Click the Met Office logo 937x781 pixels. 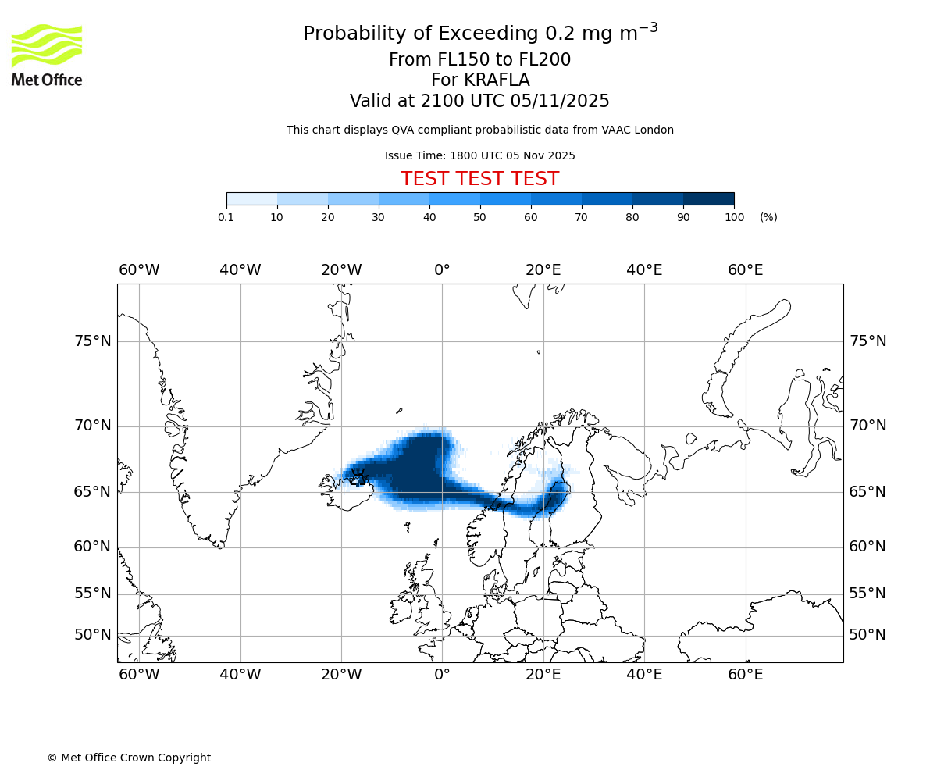(47, 55)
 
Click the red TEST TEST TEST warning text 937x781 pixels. (479, 179)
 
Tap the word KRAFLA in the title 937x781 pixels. (497, 80)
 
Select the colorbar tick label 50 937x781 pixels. (479, 217)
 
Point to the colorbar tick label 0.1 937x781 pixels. (226, 217)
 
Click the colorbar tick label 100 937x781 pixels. (734, 217)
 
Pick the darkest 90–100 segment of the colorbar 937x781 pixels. (708, 198)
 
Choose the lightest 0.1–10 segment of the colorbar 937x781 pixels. (251, 198)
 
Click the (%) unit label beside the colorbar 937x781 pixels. (768, 217)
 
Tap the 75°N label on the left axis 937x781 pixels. (92, 341)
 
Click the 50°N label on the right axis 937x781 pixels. (868, 635)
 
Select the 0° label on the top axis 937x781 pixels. (442, 270)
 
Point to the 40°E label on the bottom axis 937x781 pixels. (644, 675)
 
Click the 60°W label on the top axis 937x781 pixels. (139, 270)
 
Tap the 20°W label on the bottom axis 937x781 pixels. (341, 675)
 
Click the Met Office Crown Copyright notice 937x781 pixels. (129, 758)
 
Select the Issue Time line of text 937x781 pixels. (479, 155)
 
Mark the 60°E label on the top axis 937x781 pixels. (746, 270)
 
